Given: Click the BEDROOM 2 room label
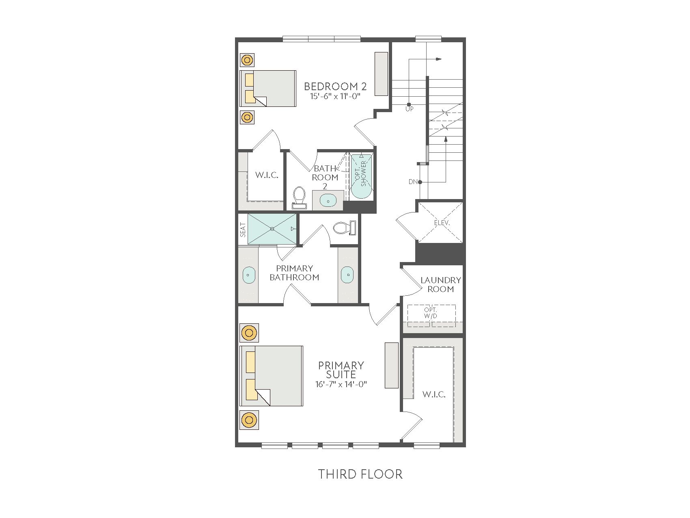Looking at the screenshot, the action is [x=335, y=86].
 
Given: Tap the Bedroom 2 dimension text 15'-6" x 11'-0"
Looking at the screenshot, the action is [x=336, y=96].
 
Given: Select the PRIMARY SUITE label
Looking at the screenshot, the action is [x=341, y=370].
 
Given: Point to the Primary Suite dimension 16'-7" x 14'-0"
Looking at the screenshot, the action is [x=341, y=384].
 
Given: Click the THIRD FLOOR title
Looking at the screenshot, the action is [x=360, y=474].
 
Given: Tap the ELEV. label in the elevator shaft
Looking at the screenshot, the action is [x=442, y=223].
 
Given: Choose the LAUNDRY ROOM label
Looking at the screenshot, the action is [x=441, y=284].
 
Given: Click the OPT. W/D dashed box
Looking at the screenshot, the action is [x=431, y=315].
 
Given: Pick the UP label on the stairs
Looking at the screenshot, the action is [x=410, y=109].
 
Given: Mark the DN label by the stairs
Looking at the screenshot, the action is [x=413, y=182].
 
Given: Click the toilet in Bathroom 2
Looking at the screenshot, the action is [x=300, y=197].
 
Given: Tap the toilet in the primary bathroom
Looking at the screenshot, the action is [x=345, y=228].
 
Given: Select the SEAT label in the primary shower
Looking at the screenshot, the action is [x=243, y=230].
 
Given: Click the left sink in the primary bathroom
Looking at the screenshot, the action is [x=248, y=275].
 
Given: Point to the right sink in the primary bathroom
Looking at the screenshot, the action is [x=347, y=275].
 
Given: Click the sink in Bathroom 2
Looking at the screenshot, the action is [x=328, y=200].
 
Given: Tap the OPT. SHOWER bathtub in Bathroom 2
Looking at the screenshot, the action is [x=361, y=175].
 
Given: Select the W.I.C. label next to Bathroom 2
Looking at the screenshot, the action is [x=267, y=176].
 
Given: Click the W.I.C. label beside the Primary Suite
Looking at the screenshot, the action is [x=434, y=394].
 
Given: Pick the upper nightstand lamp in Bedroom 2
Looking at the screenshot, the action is [x=247, y=61].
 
